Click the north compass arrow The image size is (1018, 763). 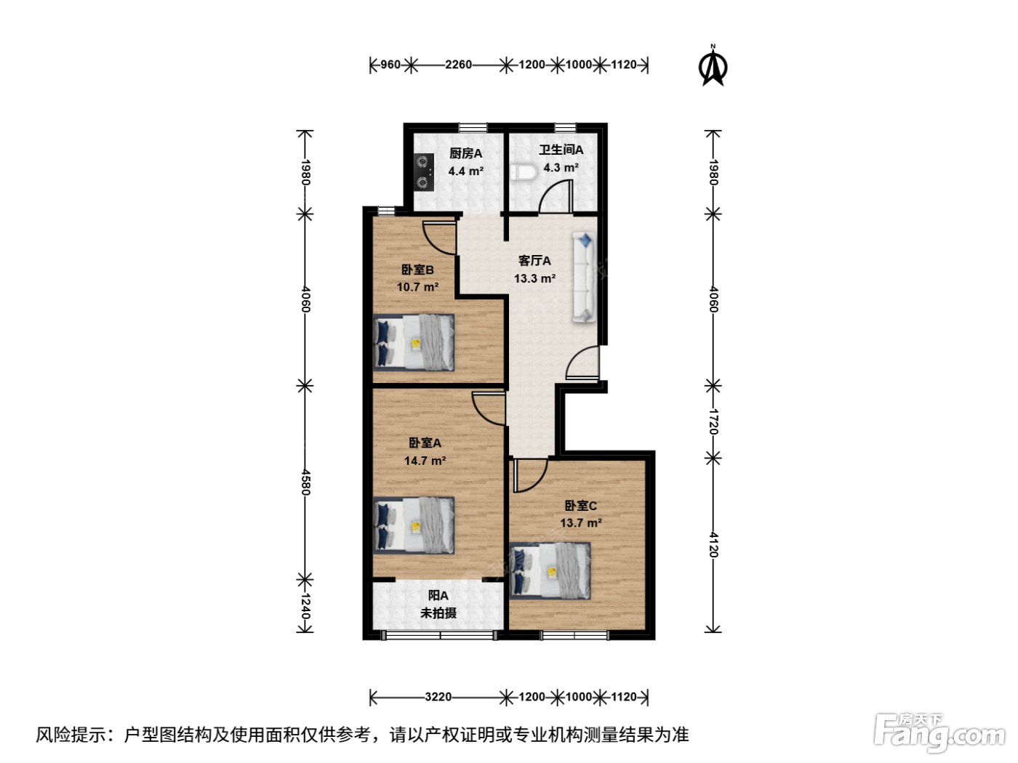713,66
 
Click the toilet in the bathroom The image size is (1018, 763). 524,172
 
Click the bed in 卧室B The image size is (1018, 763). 414,342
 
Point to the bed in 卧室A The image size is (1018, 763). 414,525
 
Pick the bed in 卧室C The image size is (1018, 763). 550,570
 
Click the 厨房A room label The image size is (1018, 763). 465,153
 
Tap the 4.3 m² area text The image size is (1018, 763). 561,167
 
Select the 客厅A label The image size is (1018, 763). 534,260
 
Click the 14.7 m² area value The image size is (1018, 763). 425,461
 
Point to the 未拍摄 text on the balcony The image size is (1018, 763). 438,613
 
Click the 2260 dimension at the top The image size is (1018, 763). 458,65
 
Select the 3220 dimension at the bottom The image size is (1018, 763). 438,697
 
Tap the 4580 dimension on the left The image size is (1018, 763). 305,483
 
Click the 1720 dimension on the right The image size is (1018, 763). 713,421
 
